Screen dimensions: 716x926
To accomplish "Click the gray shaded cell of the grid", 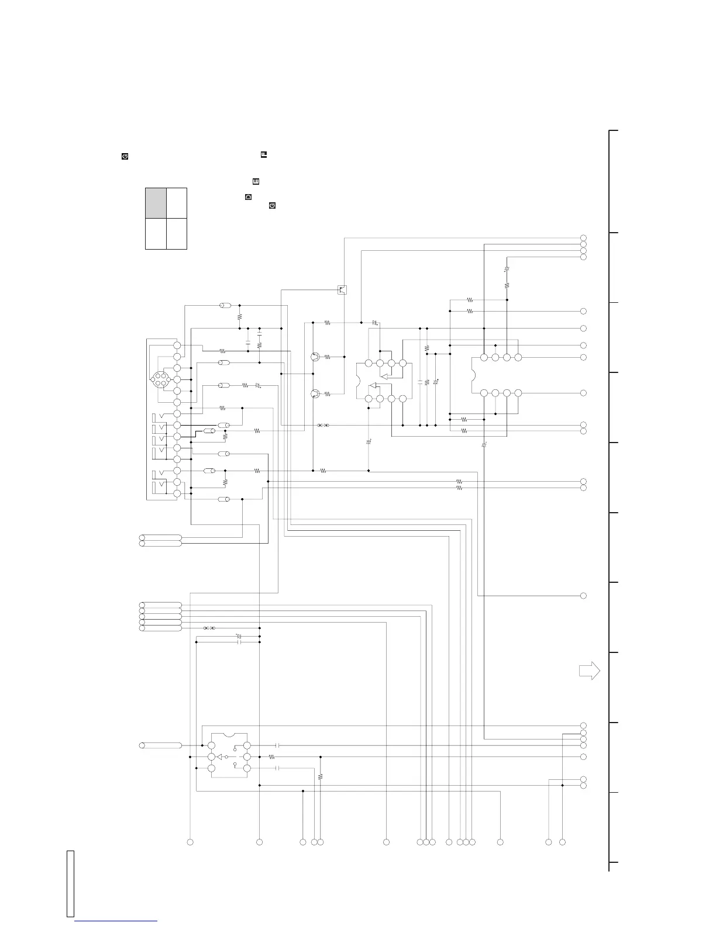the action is [156, 203].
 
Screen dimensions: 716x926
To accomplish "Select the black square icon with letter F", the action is [263, 155].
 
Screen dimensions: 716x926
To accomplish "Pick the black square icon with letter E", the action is [256, 182].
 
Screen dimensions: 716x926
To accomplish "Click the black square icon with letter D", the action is [248, 197].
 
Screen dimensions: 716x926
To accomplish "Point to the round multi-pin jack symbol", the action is [159, 379].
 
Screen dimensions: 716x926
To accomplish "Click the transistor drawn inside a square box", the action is [342, 289].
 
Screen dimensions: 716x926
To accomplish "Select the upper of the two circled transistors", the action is [315, 357].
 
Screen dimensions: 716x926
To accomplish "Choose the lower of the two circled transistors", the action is [315, 394].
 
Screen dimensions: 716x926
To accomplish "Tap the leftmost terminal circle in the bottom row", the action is [190, 842].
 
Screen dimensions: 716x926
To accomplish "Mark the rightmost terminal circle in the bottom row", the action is [562, 842].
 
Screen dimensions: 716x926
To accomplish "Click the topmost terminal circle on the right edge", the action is [583, 238].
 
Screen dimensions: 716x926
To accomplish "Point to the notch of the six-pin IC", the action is [229, 734].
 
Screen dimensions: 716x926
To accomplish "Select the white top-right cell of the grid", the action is [177, 203].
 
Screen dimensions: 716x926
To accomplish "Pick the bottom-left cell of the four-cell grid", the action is [156, 234].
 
